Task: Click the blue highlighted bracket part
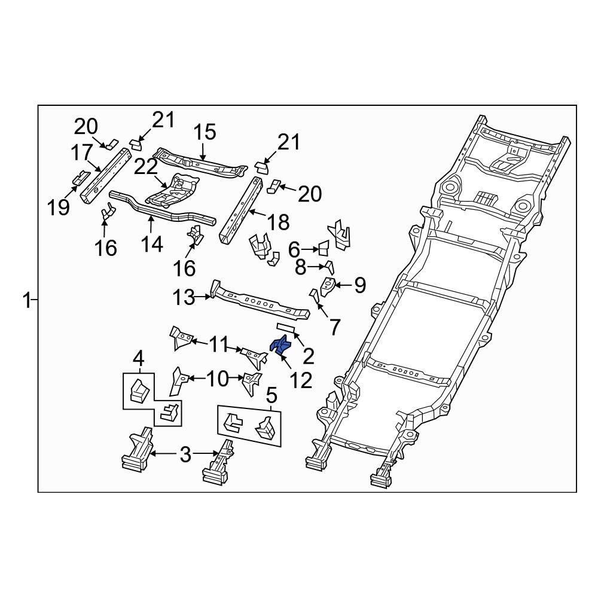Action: pos(280,346)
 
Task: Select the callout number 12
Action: pos(301,380)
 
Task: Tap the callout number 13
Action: pos(184,297)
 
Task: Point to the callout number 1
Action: pos(26,300)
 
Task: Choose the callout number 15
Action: pos(205,133)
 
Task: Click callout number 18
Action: pos(277,222)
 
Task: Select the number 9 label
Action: pos(359,285)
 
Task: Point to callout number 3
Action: pos(185,455)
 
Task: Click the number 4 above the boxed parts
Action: pos(138,359)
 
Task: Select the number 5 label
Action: pos(271,395)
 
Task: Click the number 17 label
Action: pos(82,153)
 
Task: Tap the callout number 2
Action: pos(309,356)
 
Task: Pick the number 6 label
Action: pos(294,248)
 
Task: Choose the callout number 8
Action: pos(300,268)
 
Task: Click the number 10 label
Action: pos(216,378)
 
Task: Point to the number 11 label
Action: pos(218,344)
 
